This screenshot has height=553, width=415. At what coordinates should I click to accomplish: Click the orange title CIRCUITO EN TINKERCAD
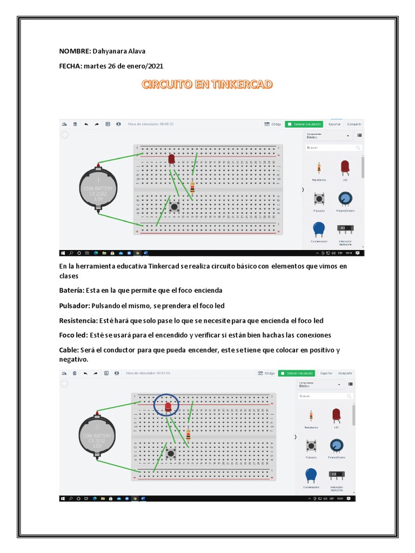(207, 84)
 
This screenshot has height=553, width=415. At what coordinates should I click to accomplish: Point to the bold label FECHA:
(70, 66)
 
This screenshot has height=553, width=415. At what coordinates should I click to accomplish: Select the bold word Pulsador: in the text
(75, 305)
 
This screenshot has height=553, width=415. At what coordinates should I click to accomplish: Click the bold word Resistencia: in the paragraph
(79, 320)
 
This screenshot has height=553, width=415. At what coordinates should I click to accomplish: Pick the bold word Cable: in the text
(70, 350)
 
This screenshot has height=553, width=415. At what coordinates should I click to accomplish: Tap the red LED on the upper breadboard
(172, 159)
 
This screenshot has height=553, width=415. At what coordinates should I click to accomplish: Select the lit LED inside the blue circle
(168, 406)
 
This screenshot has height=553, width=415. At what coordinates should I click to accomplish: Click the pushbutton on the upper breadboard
(175, 206)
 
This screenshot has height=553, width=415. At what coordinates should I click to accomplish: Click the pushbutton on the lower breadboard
(172, 454)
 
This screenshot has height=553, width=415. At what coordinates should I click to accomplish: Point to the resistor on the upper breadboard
(192, 188)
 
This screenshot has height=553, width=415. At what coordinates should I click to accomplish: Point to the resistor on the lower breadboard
(188, 435)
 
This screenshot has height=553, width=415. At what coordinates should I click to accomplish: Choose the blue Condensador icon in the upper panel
(319, 230)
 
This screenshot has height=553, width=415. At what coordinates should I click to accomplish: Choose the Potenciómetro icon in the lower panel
(338, 445)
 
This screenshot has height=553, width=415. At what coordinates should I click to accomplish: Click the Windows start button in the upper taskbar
(63, 253)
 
